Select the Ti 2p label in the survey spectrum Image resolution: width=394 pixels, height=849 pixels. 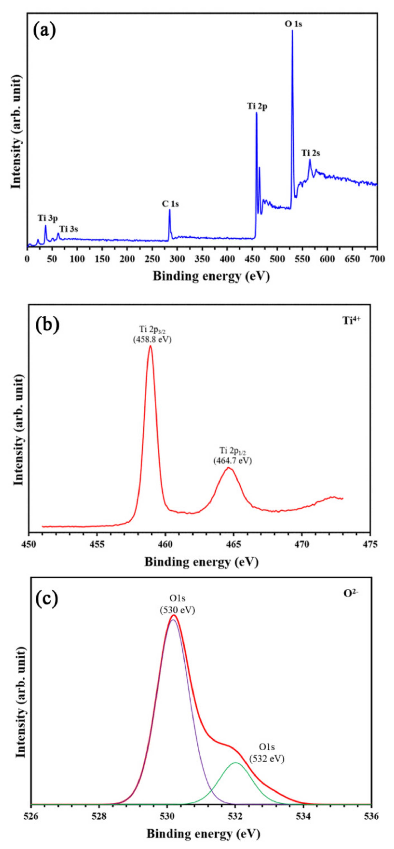257,106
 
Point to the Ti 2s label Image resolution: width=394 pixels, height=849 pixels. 310,153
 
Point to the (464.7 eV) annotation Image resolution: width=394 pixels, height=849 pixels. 232,461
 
